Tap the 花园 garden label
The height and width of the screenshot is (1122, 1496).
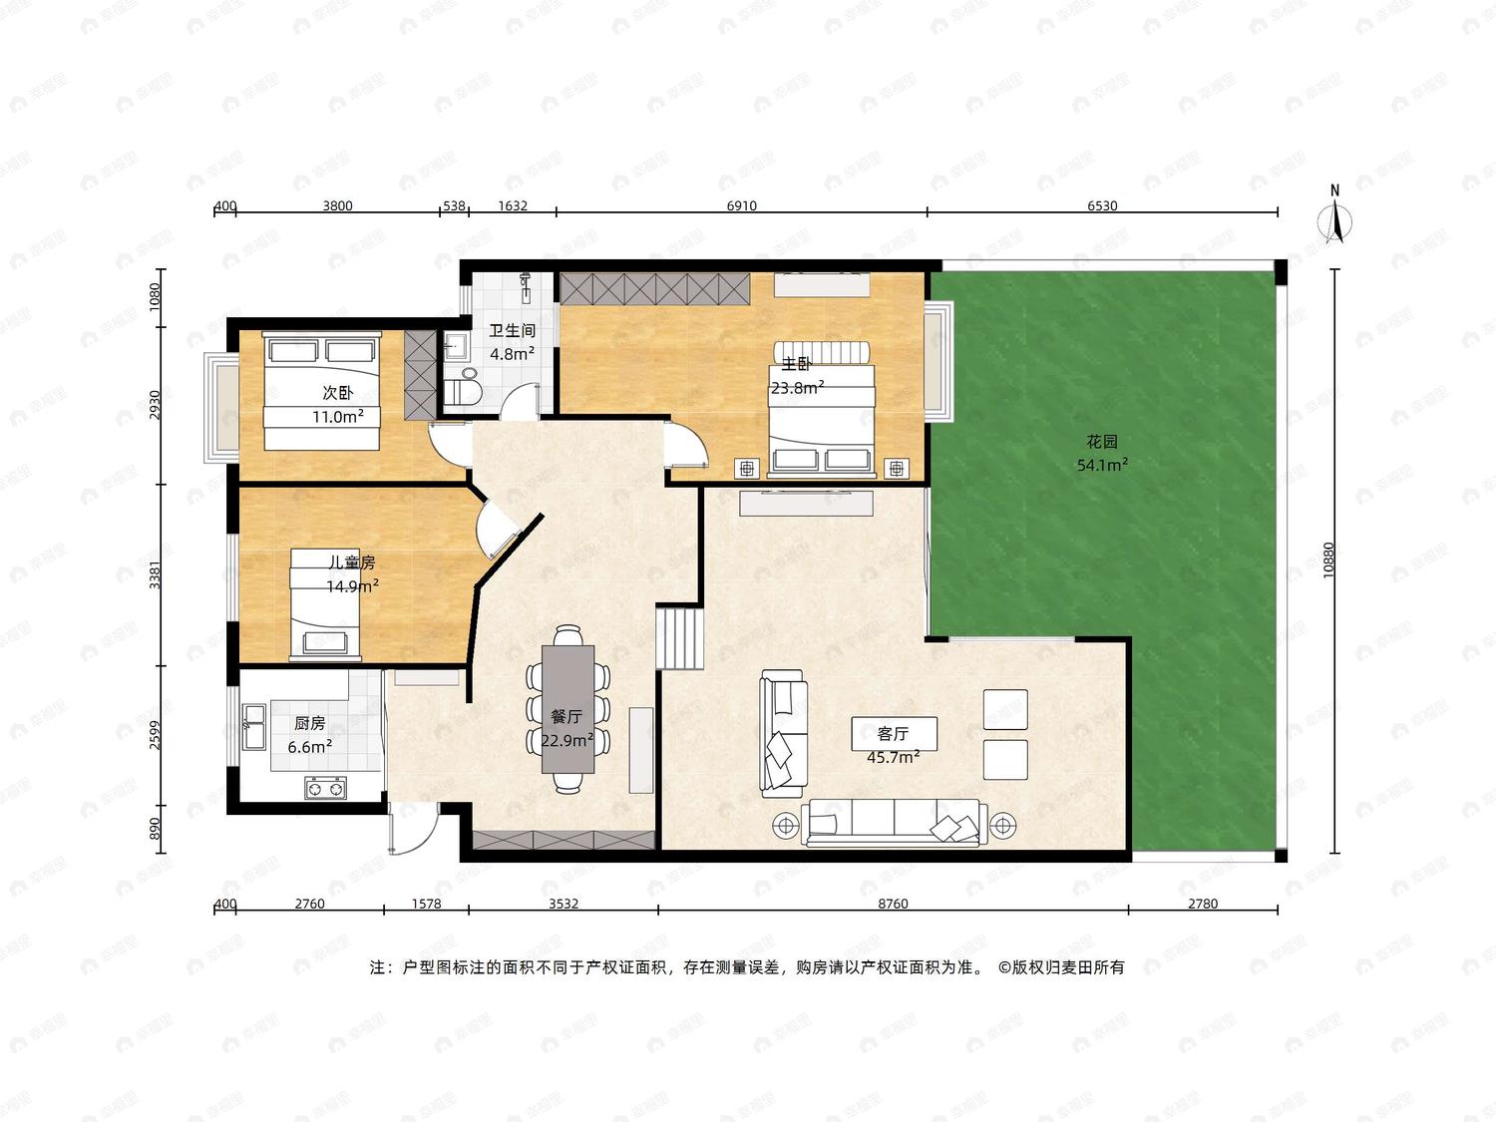1102,442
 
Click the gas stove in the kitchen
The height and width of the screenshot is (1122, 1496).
325,788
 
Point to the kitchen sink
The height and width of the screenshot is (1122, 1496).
254,727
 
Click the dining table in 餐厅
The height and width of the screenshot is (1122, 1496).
567,709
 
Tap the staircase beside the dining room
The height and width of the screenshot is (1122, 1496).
679,639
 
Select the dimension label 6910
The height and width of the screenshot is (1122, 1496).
741,205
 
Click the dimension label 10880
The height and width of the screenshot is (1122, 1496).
1327,561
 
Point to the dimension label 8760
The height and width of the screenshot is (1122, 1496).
893,904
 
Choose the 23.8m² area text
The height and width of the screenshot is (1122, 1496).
798,388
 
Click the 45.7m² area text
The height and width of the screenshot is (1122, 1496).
893,757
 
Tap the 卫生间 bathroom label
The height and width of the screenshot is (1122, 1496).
512,331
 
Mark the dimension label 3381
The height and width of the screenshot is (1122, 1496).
156,575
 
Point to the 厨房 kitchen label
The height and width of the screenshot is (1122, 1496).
309,723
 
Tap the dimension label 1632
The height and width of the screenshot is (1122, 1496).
513,205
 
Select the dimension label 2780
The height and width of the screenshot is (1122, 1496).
1202,904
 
